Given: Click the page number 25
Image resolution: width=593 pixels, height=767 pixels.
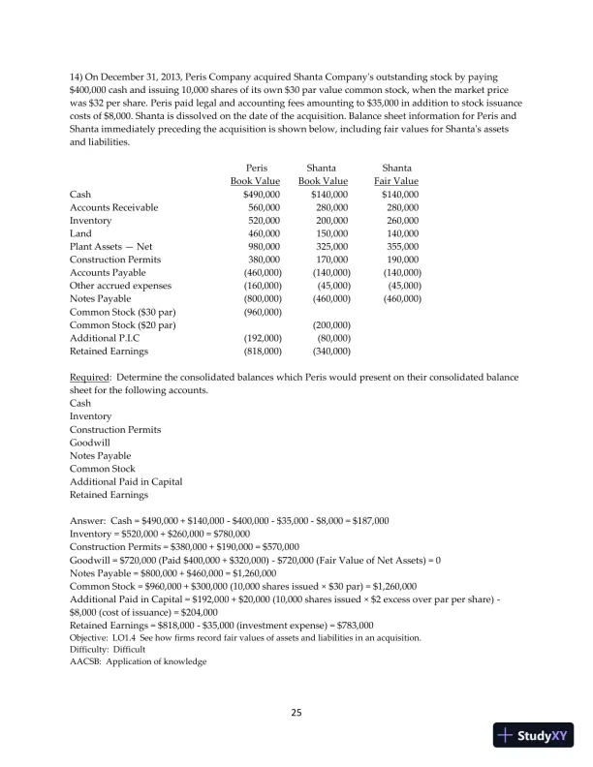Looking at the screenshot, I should pyautogui.click(x=296, y=714).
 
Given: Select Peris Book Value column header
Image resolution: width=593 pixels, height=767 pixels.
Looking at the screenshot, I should pyautogui.click(x=256, y=174).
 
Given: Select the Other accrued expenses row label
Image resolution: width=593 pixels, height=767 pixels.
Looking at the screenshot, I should pyautogui.click(x=119, y=286).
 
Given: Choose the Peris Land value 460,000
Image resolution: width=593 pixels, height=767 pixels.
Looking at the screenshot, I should pyautogui.click(x=264, y=233).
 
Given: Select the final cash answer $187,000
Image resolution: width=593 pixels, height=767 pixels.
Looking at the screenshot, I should pyautogui.click(x=368, y=520).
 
